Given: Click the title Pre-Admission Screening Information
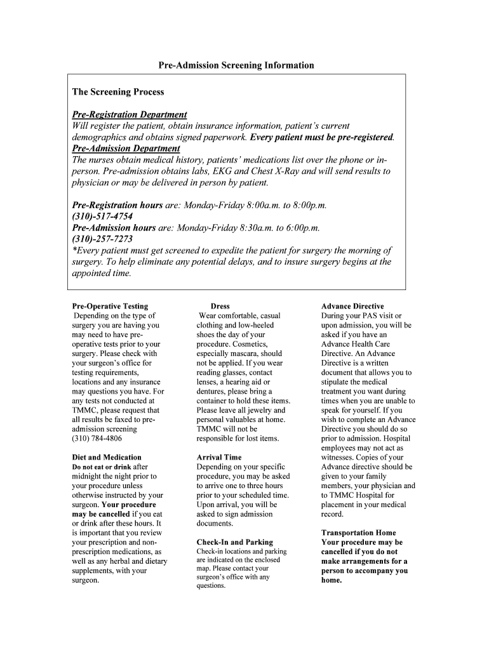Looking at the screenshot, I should [x=236, y=65].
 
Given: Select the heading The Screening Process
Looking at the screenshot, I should [x=117, y=92].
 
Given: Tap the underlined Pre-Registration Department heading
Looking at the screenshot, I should [x=129, y=115].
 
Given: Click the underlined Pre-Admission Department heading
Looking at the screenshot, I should [x=126, y=149].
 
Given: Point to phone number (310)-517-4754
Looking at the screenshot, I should [x=102, y=216].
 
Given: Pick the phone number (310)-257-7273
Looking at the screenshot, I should [x=102, y=239].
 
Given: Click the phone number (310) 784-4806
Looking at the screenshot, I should [x=97, y=439].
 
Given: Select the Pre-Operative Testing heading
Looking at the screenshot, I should [x=110, y=307].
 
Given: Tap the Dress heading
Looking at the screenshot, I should [x=220, y=307].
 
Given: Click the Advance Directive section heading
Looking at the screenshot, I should [x=352, y=307].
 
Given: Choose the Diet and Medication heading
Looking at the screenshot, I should [x=107, y=458].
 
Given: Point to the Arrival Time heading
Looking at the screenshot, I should [x=219, y=458].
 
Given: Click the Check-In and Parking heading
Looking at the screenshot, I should [x=234, y=543].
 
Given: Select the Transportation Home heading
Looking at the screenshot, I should [x=358, y=533].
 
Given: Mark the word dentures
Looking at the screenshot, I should [x=213, y=392].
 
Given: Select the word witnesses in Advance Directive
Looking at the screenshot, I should [x=340, y=458].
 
